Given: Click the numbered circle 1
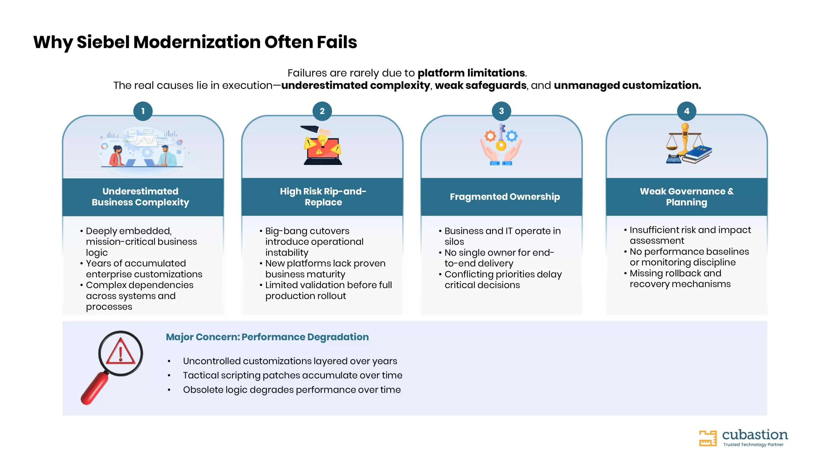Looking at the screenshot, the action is click(x=143, y=111).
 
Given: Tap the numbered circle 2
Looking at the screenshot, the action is click(x=322, y=111).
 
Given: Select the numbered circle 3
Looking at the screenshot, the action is click(x=501, y=111).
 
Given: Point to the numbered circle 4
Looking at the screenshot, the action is click(x=687, y=111).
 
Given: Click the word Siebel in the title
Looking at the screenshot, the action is click(x=103, y=42).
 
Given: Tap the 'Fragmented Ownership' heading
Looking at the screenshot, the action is click(x=505, y=197).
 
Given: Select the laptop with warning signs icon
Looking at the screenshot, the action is click(x=322, y=145).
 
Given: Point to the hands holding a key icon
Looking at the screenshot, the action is click(x=501, y=145).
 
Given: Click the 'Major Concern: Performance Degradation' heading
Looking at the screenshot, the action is click(x=267, y=337).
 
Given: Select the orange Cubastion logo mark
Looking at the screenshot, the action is click(x=708, y=438).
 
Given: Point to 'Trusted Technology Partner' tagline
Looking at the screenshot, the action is click(x=753, y=445).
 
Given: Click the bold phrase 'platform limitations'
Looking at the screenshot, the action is click(x=471, y=73).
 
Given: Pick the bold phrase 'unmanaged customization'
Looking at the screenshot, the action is click(x=627, y=85).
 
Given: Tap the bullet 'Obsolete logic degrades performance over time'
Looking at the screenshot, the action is click(x=292, y=390).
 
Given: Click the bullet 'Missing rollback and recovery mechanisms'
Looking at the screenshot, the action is click(x=680, y=279).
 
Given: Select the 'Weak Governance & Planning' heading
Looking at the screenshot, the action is click(x=687, y=197).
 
